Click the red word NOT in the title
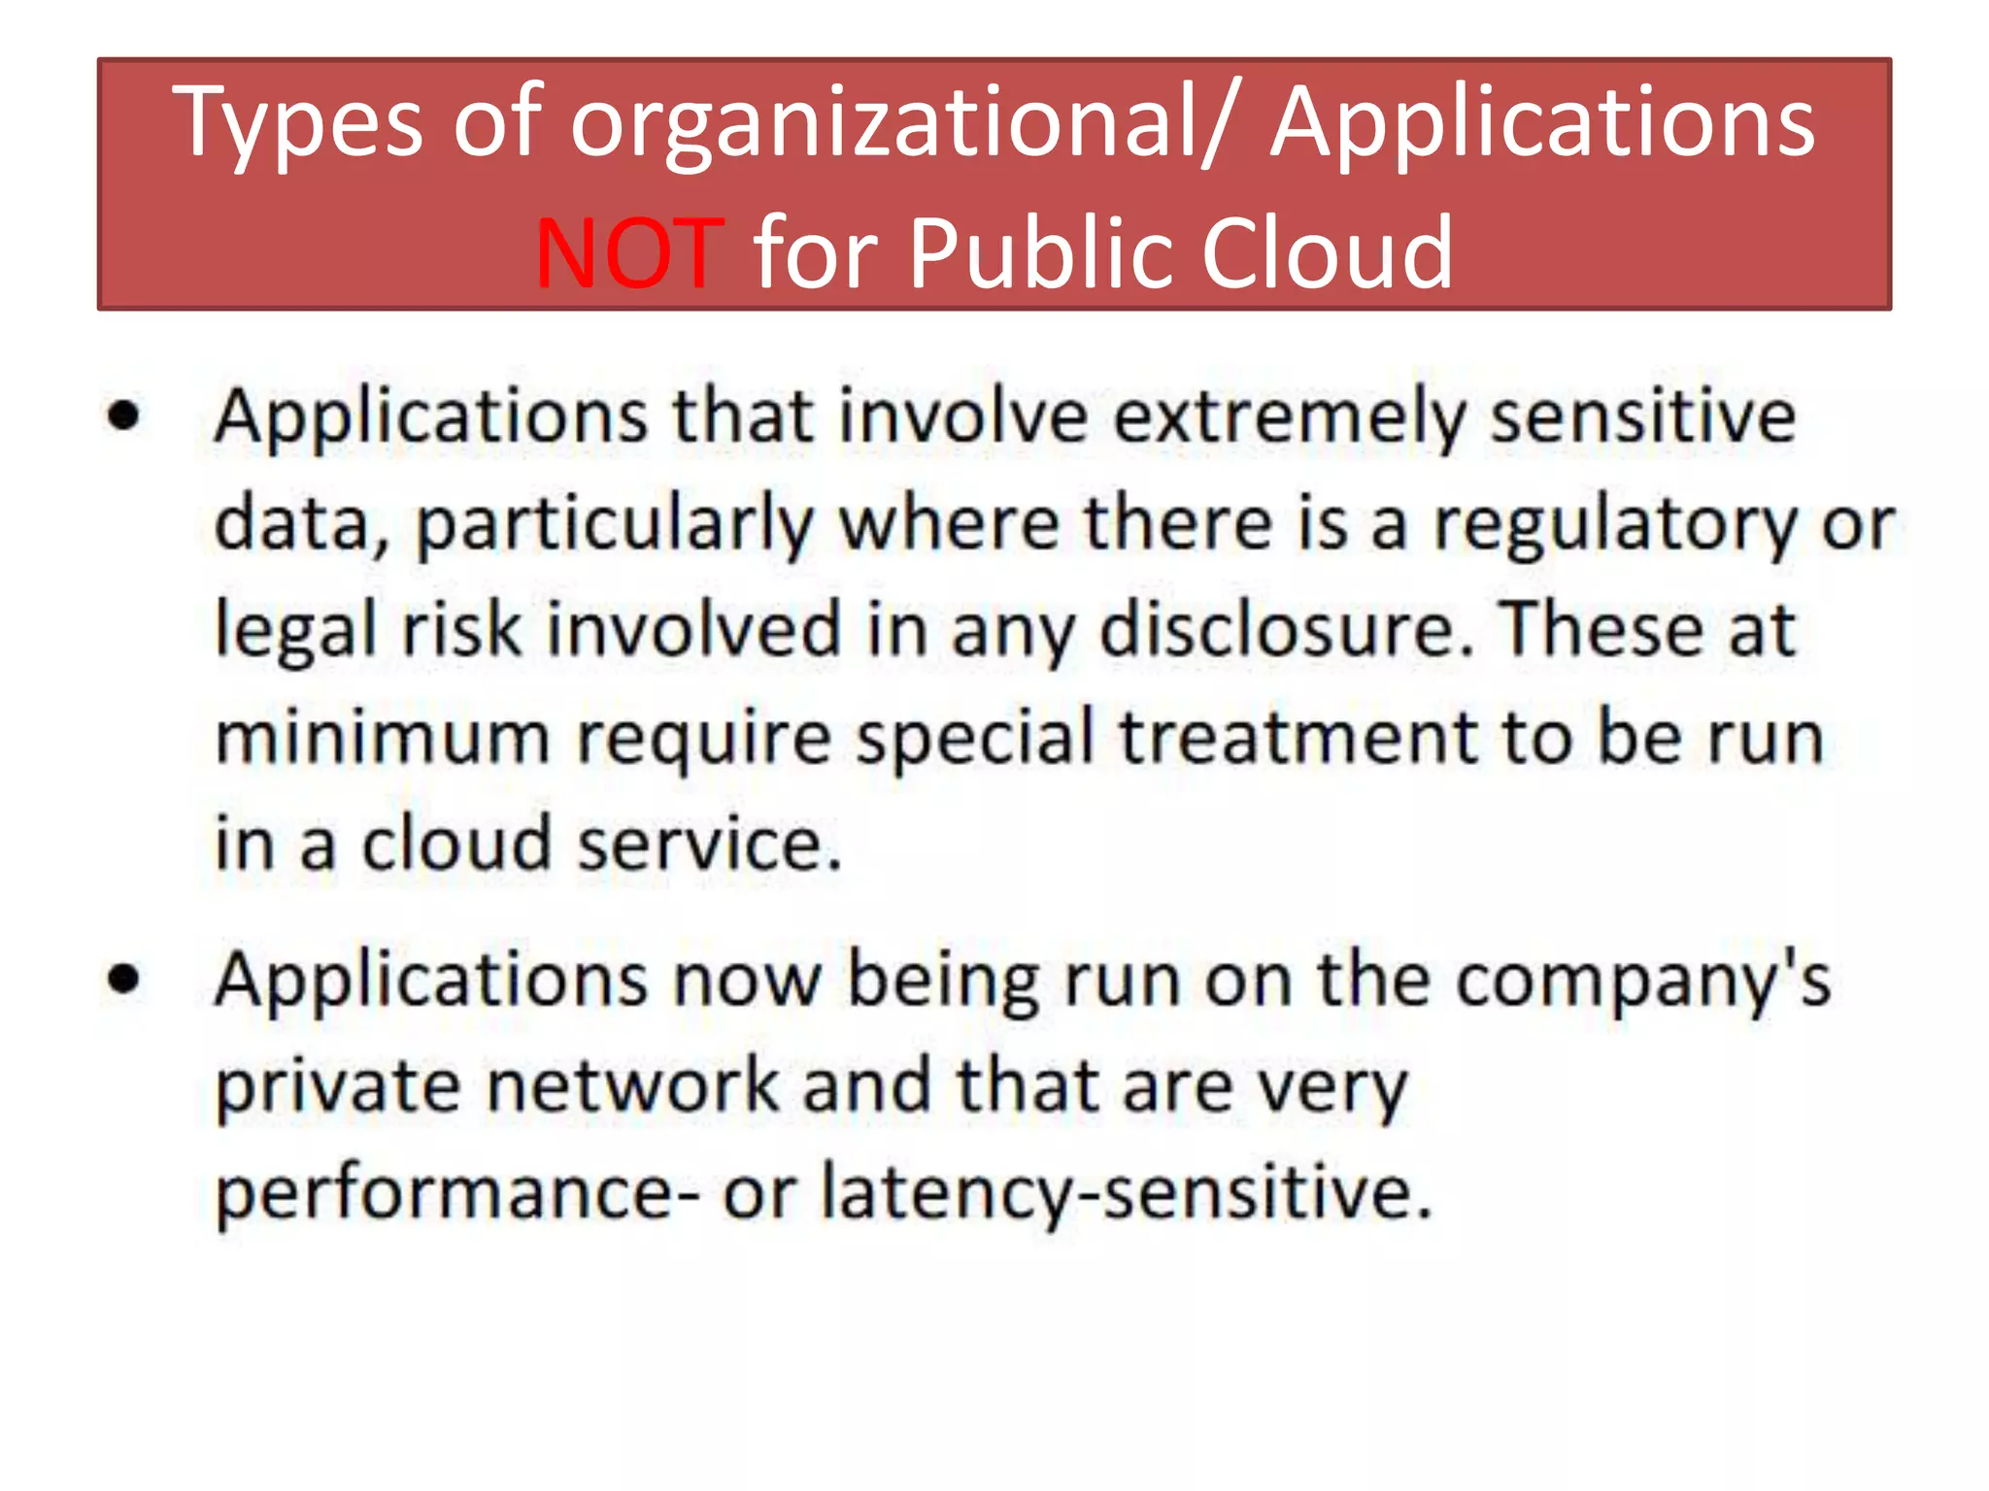pyautogui.click(x=629, y=254)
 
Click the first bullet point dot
pyautogui.click(x=124, y=416)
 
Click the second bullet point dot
pyautogui.click(x=124, y=978)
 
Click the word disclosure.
pyautogui.click(x=1286, y=630)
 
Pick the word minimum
pyautogui.click(x=383, y=738)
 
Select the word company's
pyautogui.click(x=1643, y=980)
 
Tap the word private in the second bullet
pyautogui.click(x=337, y=1087)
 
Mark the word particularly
pyautogui.click(x=615, y=525)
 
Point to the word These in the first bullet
pyautogui.click(x=1600, y=630)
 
